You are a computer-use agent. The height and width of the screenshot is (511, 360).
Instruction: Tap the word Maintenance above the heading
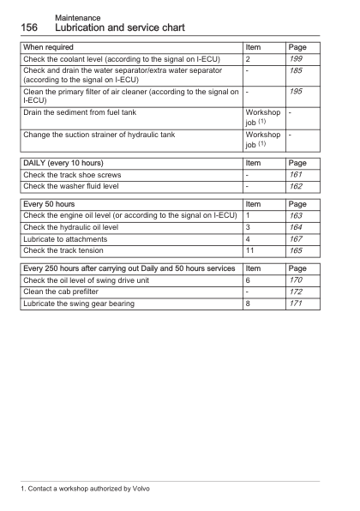click(x=77, y=17)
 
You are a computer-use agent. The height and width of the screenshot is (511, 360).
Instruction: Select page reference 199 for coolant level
click(x=297, y=58)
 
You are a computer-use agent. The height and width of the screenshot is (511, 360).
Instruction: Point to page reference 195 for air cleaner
click(x=297, y=91)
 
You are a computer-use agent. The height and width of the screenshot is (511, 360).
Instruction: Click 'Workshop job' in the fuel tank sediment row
click(x=261, y=117)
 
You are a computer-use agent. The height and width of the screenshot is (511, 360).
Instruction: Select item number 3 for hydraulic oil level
click(x=248, y=227)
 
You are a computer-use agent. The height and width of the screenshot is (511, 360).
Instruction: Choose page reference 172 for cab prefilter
click(x=297, y=292)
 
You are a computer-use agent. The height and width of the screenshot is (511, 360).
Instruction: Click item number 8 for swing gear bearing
click(x=248, y=304)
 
